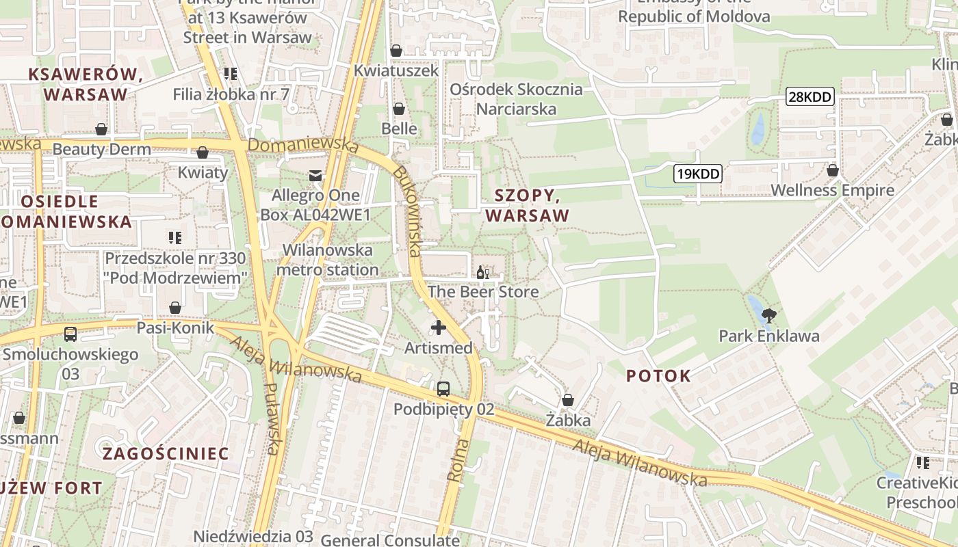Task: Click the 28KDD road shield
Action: click(810, 97)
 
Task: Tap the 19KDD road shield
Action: click(697, 174)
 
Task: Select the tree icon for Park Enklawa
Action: click(769, 316)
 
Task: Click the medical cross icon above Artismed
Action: click(439, 328)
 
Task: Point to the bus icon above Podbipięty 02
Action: click(443, 389)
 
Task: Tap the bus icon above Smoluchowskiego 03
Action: click(70, 334)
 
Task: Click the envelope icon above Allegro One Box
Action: click(315, 176)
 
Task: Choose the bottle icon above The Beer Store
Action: click(482, 272)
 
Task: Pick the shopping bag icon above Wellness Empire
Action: click(833, 170)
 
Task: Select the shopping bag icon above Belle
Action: click(399, 109)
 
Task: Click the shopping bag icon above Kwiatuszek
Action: click(396, 51)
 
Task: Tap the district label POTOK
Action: click(658, 375)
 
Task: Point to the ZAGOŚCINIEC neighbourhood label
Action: click(166, 453)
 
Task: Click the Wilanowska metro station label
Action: click(327, 260)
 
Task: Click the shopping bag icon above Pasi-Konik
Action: click(175, 308)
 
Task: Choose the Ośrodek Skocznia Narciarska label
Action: click(516, 99)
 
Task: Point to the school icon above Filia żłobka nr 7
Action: click(231, 74)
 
